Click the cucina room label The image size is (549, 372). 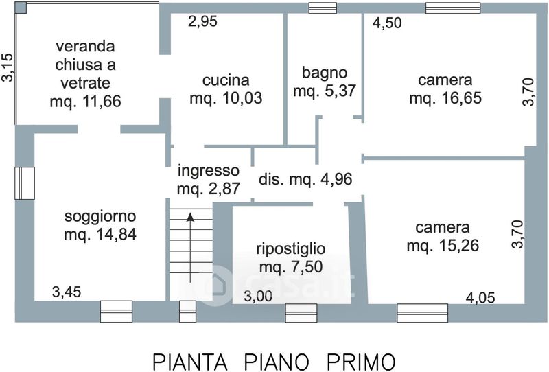point(226,80)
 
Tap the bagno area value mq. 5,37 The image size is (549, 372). point(324,91)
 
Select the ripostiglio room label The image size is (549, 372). point(290,248)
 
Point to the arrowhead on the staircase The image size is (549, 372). point(190,217)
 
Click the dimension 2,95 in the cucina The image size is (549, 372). point(202,21)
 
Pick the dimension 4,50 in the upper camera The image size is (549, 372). point(387,23)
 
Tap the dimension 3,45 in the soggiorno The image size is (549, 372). point(67,292)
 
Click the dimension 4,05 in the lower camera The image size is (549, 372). point(480,298)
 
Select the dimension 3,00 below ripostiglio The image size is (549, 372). point(258,297)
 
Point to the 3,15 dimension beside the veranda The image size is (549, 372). point(8,67)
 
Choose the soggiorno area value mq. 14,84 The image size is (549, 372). point(100,234)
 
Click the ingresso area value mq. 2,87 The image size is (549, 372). point(209,189)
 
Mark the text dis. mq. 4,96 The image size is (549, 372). point(305,179)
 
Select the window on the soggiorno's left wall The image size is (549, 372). point(25,183)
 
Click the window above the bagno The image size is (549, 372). point(323,8)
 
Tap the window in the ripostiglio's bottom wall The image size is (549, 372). point(301,313)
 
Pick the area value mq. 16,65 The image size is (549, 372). point(445,98)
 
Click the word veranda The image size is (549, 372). point(85,46)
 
